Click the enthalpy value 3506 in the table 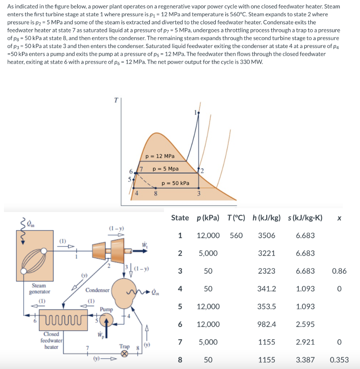pos(266,235)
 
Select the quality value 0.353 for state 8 pos(339,360)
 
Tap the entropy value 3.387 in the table pos(305,360)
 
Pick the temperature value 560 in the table pos(236,235)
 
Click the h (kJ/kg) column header pos(266,218)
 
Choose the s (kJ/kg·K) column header pos(305,218)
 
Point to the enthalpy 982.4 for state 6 pos(266,324)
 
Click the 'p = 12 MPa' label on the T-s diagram pos(160,156)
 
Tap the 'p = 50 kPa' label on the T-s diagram pos(175,183)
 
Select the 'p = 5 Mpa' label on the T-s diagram pos(165,169)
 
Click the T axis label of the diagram pos(116,101)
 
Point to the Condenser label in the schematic pos(97,290)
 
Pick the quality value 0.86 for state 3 pos(339,271)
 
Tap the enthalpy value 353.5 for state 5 pos(266,307)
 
